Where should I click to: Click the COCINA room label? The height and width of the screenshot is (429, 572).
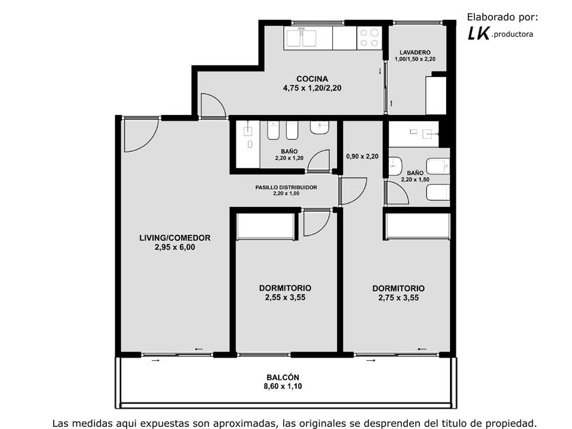coord(312,79)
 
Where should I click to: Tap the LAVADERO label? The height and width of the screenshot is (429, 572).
coord(415,52)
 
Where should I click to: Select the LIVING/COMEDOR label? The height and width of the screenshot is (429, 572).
coord(175,238)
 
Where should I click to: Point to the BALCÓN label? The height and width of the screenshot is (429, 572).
coord(283,377)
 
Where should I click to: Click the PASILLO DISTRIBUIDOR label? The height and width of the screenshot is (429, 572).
coord(286,187)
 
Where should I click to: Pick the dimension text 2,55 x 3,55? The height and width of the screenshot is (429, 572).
coord(285,298)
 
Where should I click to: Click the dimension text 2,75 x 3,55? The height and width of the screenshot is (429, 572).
coord(398,298)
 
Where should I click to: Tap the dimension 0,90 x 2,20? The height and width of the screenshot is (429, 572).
coord(362,157)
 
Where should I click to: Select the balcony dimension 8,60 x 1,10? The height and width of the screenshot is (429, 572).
coord(283,386)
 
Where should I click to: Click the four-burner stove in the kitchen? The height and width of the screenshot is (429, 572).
coord(369,38)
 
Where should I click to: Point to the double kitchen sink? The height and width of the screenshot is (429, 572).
coord(301,38)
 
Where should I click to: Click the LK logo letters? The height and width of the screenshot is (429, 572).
coord(478,33)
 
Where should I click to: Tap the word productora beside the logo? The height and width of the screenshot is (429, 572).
coord(512,35)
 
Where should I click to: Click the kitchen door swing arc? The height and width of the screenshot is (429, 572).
coord(218,101)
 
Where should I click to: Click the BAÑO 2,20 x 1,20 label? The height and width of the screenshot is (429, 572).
coord(289,155)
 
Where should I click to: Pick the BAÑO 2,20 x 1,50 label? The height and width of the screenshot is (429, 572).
coord(415,176)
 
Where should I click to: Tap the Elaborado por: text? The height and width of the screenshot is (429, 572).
coord(503,17)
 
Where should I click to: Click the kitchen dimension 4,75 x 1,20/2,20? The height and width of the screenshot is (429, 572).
coord(312,88)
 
